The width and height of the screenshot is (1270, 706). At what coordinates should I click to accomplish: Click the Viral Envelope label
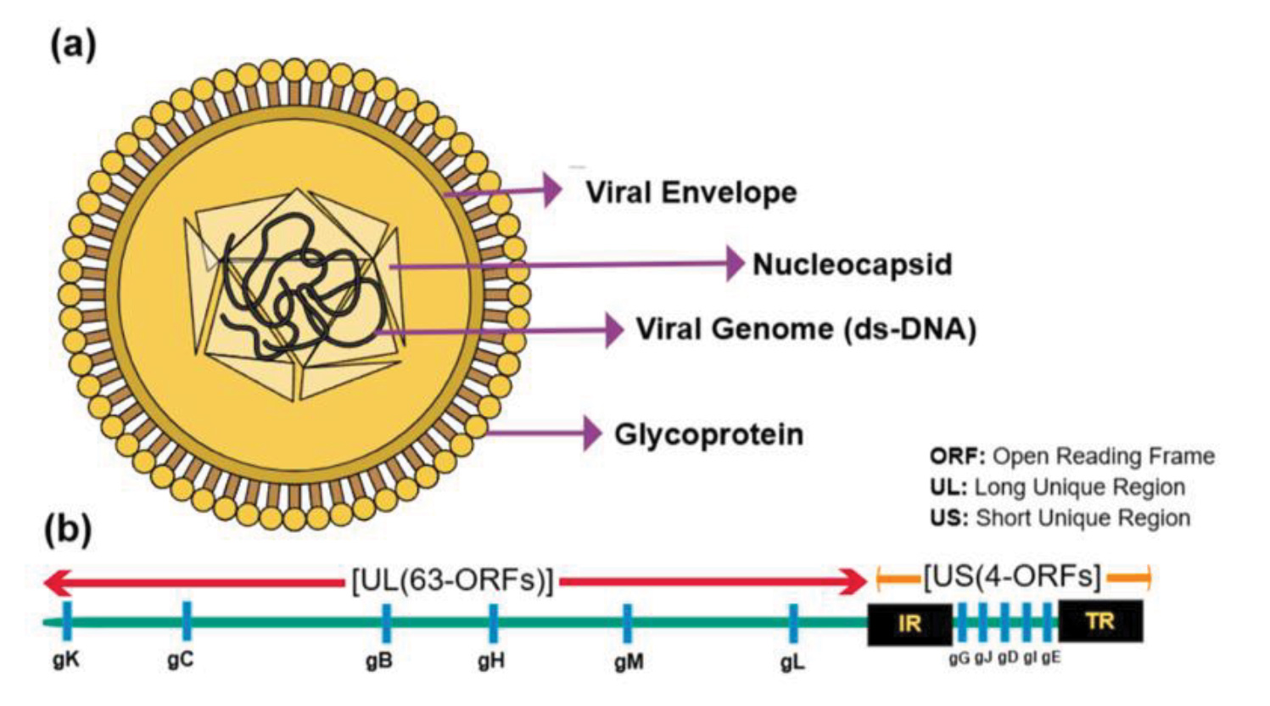[x=691, y=193]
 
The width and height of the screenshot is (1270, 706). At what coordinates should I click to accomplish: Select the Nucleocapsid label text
[x=852, y=265]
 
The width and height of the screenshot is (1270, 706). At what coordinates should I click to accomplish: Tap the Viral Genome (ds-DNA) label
[x=806, y=329]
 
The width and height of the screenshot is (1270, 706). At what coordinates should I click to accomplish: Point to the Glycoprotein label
[x=708, y=434]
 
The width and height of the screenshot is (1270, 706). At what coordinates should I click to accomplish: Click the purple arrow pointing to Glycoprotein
[x=543, y=434]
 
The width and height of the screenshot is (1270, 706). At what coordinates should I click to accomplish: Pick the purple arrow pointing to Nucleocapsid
[x=568, y=265]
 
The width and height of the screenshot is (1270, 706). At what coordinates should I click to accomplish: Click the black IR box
[x=909, y=624]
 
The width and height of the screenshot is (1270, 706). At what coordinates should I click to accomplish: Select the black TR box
[x=1100, y=621]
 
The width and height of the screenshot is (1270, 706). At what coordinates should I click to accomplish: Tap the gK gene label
[x=66, y=660]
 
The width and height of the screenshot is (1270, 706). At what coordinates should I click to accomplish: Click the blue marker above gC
[x=187, y=620]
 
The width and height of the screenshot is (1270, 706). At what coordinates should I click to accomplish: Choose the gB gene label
[x=379, y=661]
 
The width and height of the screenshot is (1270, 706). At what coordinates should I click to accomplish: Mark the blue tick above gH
[x=494, y=623]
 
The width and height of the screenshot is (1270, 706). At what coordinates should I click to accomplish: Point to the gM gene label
[x=629, y=662]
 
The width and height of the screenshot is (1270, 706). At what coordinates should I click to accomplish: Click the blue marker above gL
[x=793, y=624]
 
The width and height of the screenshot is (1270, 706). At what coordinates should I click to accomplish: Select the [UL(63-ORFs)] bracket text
[x=452, y=581]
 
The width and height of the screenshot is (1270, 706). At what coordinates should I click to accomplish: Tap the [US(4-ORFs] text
[x=1012, y=577]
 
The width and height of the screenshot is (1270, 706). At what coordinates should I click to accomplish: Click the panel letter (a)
[x=73, y=44]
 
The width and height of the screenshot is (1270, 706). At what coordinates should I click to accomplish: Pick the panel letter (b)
[x=68, y=529]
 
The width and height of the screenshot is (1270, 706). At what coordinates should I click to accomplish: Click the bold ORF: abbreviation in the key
[x=957, y=457]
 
